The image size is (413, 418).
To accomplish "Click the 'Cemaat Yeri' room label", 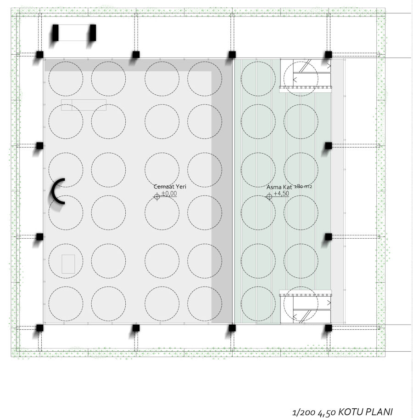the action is tap(170, 187).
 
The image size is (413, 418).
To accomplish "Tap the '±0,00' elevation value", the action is tap(169, 193).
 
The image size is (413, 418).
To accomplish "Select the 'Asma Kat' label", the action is tap(279, 187).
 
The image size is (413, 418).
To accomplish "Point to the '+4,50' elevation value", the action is tap(281, 193).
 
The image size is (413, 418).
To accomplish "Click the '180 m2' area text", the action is tap(303, 186).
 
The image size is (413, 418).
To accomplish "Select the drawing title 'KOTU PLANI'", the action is tap(365, 412).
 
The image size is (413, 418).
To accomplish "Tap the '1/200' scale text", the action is tap(304, 412).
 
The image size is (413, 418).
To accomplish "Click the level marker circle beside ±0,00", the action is tap(157, 197).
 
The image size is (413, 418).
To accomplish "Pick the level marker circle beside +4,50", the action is tap(269, 197).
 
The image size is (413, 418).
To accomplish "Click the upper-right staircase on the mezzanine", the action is tap(306, 74).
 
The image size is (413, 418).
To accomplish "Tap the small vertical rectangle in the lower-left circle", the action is tap(68, 264).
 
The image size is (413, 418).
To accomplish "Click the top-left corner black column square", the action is tap(39, 55).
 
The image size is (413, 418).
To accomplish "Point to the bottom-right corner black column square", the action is tap(329, 328).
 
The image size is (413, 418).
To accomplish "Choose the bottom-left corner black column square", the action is tap(39, 328).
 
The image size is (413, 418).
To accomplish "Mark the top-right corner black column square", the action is tap(329, 55).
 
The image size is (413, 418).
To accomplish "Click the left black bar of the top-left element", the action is tap(56, 33).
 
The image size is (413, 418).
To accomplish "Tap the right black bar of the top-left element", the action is tap(93, 33).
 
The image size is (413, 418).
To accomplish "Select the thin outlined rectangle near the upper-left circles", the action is tap(84, 105).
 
